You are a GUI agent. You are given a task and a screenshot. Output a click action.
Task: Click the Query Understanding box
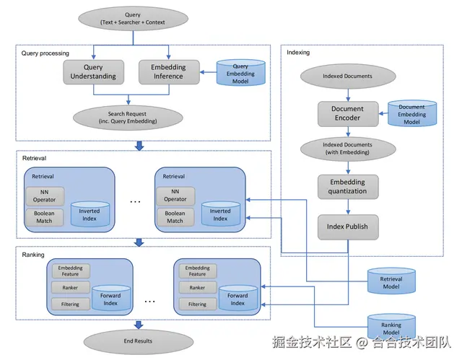[x=93, y=72]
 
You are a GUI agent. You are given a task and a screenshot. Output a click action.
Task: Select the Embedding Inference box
[x=169, y=72]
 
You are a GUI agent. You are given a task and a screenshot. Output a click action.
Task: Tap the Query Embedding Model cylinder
[x=240, y=73]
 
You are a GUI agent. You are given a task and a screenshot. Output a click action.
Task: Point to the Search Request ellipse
[x=128, y=118]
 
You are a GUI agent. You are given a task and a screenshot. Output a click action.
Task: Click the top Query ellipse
[x=133, y=19]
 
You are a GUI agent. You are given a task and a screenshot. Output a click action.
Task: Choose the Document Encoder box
[x=348, y=114]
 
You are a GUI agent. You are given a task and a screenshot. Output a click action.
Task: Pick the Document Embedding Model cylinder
[x=412, y=113]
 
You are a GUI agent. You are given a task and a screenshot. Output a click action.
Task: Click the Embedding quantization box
[x=348, y=187]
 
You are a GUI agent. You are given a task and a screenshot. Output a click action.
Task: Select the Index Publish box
[x=348, y=227]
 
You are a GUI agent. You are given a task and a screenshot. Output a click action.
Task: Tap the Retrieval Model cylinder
[x=391, y=281]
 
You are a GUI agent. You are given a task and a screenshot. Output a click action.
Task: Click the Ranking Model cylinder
[x=391, y=327]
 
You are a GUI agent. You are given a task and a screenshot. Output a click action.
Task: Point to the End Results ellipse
[x=139, y=341]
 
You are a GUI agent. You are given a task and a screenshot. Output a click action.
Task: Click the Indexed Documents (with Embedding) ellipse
[x=348, y=149]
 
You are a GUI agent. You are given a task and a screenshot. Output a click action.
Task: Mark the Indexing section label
[x=298, y=53]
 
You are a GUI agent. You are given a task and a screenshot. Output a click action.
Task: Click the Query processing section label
[x=45, y=53]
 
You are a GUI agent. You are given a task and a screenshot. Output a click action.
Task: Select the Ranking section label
[x=33, y=255]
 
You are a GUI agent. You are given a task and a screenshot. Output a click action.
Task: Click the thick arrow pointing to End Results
[x=139, y=325]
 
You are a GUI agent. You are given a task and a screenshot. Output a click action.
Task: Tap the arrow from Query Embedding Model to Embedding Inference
[x=208, y=72]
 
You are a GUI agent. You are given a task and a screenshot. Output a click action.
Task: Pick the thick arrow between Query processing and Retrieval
[x=139, y=146]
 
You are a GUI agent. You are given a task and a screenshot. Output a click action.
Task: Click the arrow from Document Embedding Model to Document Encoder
[x=383, y=113]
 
